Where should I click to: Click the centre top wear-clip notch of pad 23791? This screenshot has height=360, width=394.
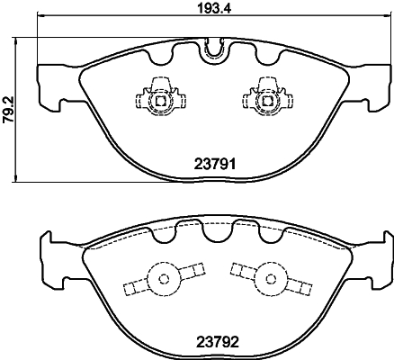213,50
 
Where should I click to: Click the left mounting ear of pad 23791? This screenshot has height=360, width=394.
49,86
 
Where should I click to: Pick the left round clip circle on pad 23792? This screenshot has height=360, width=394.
163,280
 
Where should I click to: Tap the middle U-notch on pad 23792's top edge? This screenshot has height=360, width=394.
213,232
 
